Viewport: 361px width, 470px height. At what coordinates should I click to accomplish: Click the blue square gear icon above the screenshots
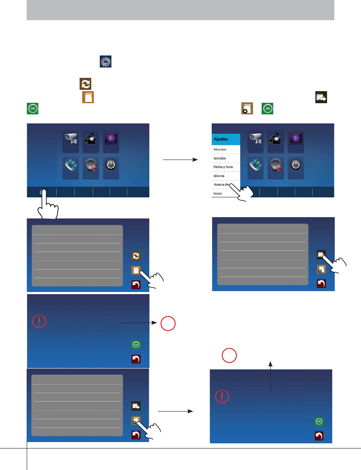click(105, 61)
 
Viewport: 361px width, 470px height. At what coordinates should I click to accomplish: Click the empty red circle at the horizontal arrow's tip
click(168, 323)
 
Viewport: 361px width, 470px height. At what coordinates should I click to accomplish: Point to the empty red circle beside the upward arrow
click(229, 355)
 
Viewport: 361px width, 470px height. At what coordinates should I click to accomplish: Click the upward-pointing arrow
click(270, 377)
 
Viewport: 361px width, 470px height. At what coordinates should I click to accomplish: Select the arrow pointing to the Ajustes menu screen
click(179, 160)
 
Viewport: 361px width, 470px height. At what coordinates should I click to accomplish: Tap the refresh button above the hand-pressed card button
click(136, 255)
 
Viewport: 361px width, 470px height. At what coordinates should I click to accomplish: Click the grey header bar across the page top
click(180, 10)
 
